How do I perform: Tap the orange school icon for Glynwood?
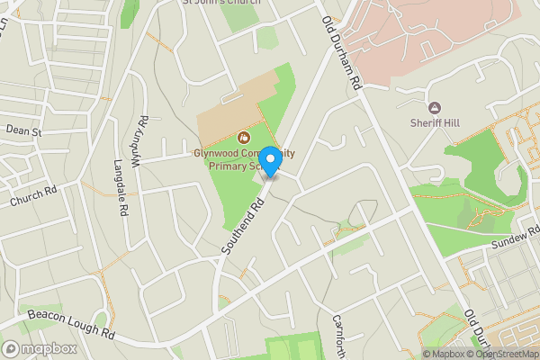(x=242, y=138)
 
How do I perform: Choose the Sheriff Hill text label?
(x=436, y=122)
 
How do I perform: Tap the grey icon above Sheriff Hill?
(x=436, y=107)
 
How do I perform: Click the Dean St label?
(x=24, y=131)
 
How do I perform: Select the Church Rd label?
(x=33, y=198)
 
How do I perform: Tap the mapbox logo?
(x=39, y=348)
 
